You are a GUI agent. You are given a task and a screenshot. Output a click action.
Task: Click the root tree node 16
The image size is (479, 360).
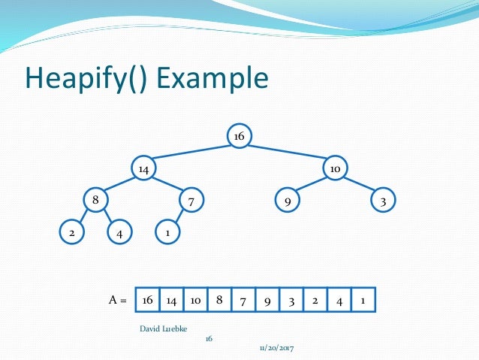coord(239,136)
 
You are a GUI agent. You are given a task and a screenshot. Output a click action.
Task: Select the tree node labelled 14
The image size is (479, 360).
coord(143,169)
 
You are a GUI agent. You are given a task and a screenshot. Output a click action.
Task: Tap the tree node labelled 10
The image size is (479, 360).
coord(335,169)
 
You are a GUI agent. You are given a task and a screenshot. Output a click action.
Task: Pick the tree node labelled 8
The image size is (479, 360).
coord(95,201)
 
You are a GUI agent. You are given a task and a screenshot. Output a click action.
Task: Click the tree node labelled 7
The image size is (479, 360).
coord(191,201)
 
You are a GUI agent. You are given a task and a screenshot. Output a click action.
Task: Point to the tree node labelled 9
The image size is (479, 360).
coord(287,201)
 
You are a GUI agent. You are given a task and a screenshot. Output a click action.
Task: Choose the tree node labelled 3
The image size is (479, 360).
coord(383,201)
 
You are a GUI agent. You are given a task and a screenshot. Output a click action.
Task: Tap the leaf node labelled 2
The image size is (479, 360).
coord(71,233)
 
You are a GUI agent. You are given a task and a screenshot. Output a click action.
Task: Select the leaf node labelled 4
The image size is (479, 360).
coord(119,233)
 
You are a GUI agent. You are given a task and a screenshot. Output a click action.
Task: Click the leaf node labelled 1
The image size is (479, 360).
coord(167,233)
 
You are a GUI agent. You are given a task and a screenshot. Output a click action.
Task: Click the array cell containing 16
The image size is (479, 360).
coord(147,300)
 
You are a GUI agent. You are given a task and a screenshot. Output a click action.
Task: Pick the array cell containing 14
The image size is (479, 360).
coord(171,300)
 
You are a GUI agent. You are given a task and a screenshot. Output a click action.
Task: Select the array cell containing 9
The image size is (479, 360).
coord(267,300)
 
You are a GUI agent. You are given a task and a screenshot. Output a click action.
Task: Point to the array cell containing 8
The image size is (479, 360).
coord(218,300)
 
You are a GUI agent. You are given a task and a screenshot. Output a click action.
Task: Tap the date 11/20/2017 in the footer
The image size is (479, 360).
coord(277,348)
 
